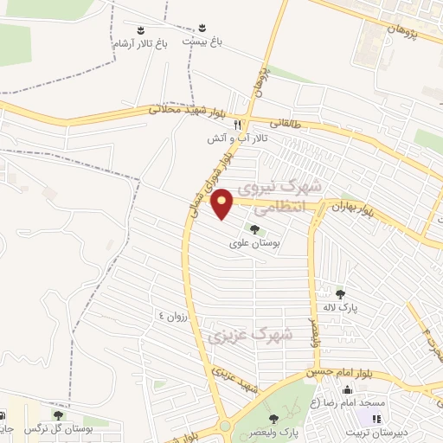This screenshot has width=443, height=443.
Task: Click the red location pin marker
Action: tap(223, 203)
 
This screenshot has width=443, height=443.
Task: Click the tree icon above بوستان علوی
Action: tap(254, 229)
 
